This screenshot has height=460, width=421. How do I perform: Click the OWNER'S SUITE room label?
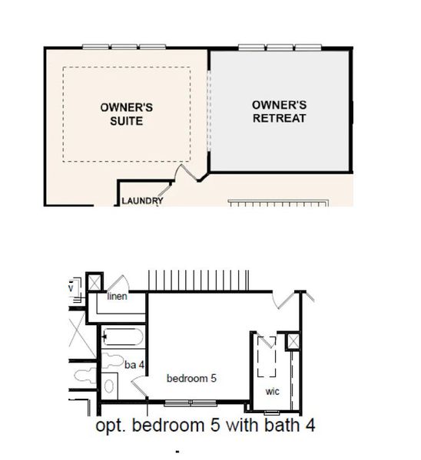(x=121, y=114)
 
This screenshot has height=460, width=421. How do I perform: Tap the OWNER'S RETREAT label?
(x=279, y=111)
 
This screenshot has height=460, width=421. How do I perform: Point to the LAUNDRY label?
(x=142, y=202)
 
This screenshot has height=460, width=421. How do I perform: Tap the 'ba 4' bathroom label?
(x=134, y=364)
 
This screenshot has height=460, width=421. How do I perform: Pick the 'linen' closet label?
(x=117, y=297)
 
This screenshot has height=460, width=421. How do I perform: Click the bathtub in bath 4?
(x=123, y=338)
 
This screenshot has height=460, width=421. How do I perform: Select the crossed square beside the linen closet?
(x=95, y=281)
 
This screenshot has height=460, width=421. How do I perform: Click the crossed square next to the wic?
(x=293, y=341)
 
